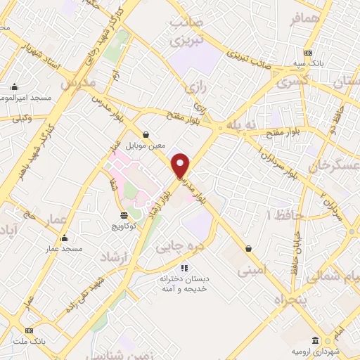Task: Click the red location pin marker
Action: [181, 165]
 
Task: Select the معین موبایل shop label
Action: [146, 146]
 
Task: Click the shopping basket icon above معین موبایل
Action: [146, 134]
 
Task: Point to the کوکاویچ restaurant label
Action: [124, 227]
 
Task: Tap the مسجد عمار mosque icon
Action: [65, 238]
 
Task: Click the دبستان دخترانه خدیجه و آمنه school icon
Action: [184, 267]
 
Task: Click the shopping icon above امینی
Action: [249, 248]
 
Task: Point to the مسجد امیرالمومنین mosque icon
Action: [13, 87]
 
